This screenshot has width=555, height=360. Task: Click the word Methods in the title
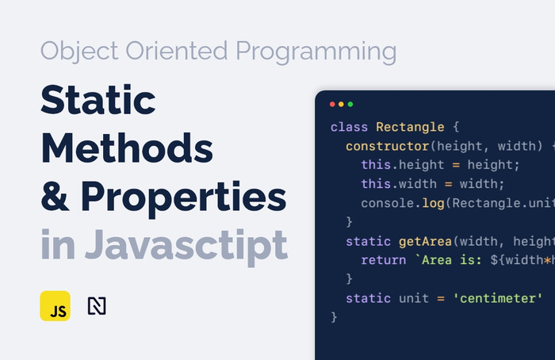[127, 148]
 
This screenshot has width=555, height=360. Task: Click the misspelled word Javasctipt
[186, 245]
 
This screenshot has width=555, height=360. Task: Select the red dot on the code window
[332, 104]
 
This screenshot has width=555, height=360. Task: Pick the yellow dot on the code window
[342, 104]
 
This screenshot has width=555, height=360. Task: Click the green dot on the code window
[351, 104]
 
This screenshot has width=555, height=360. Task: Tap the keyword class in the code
[349, 127]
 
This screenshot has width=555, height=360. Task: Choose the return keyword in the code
[383, 260]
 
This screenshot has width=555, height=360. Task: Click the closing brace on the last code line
[334, 317]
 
